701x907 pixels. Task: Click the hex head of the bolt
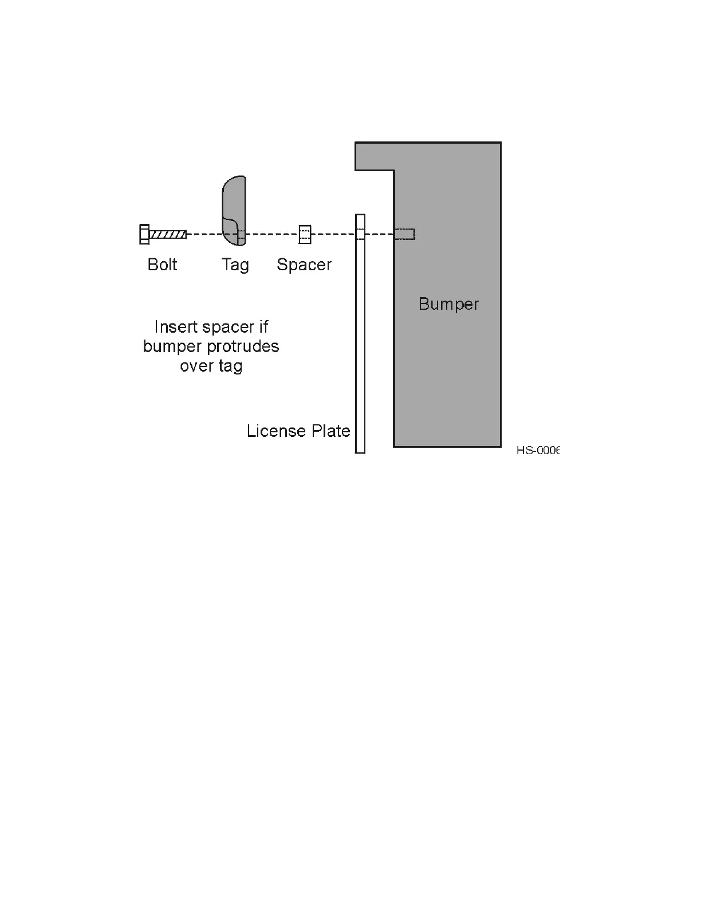click(x=144, y=234)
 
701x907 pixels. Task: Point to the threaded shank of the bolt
click(x=168, y=234)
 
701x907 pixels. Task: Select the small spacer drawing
click(x=305, y=234)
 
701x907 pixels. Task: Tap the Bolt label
click(x=162, y=265)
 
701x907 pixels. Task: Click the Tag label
click(x=235, y=265)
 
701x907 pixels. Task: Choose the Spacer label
click(x=304, y=265)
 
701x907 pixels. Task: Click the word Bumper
click(x=448, y=304)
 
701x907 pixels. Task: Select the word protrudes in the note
click(x=243, y=347)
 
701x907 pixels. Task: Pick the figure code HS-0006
click(x=537, y=451)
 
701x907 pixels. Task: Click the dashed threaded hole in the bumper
click(x=405, y=234)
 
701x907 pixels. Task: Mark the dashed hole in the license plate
click(x=360, y=234)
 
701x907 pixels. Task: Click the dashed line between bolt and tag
click(x=204, y=234)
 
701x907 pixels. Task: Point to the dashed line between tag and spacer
click(x=272, y=234)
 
